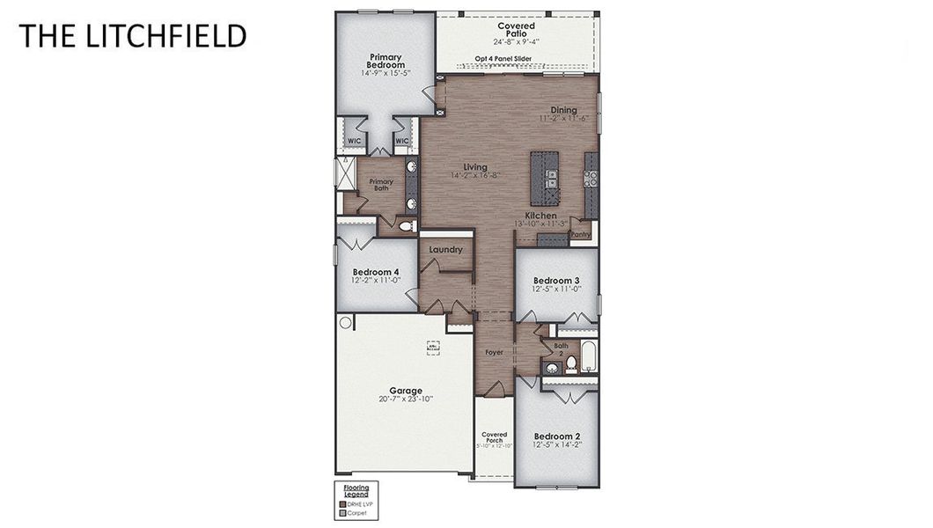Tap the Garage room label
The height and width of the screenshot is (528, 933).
click(406, 391)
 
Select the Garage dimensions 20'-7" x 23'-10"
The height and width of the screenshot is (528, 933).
click(406, 400)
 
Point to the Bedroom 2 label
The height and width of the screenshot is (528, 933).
click(556, 436)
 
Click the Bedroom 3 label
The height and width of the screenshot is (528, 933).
click(556, 281)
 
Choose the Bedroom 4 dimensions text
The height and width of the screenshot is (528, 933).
click(376, 281)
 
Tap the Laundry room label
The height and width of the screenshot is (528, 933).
click(446, 250)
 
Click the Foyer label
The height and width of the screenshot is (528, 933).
click(495, 353)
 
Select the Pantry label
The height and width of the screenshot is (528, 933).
click(581, 235)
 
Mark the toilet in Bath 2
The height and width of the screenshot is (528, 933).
click(571, 363)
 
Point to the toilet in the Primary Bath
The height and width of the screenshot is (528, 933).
click(406, 226)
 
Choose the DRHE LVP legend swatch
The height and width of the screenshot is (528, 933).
click(342, 503)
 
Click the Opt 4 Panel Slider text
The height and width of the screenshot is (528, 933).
click(503, 60)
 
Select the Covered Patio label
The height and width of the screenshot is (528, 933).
click(516, 31)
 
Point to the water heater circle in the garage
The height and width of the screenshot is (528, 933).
click(345, 323)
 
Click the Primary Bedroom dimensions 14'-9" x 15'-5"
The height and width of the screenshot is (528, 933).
click(386, 73)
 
